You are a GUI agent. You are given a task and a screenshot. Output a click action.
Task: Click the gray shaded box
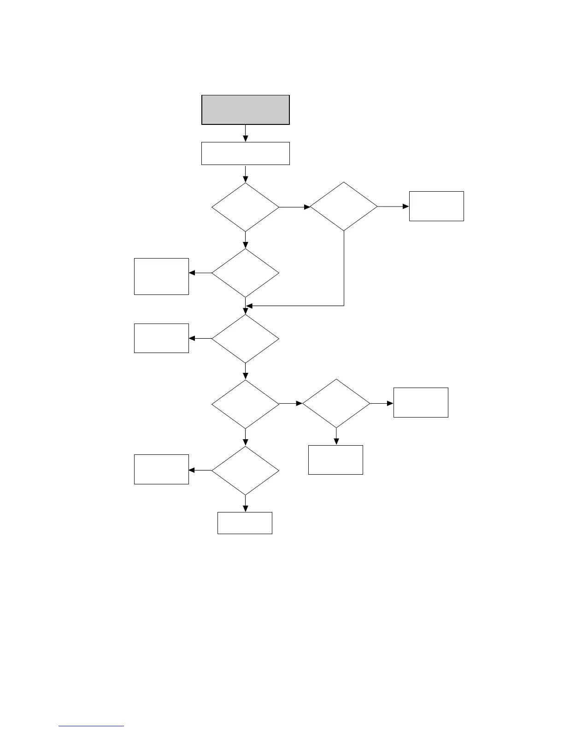[x=246, y=110]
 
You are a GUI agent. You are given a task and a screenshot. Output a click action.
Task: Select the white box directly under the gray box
[x=246, y=153]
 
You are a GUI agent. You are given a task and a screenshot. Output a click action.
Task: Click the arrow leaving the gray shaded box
[x=246, y=133]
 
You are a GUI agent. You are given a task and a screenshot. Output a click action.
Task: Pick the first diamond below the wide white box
[x=246, y=207]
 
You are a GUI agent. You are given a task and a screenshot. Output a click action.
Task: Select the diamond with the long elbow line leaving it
[x=344, y=206]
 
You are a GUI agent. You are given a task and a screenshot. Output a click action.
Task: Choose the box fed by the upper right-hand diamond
[x=436, y=206]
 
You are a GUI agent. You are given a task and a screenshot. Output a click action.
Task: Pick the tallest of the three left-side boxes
[x=161, y=277]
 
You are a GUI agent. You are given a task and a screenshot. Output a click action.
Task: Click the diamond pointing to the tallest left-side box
[x=246, y=273]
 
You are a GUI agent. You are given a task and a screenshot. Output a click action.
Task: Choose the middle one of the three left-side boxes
[x=161, y=338]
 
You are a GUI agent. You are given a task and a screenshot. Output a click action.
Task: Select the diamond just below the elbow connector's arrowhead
[x=246, y=339]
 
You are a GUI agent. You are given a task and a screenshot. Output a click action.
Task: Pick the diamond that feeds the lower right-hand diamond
[x=246, y=404]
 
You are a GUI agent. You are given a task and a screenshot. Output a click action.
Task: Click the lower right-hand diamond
[x=336, y=404]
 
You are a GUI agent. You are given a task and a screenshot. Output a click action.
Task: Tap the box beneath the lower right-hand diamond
[x=335, y=460]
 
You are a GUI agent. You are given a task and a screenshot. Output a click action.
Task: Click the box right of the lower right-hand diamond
[x=421, y=403]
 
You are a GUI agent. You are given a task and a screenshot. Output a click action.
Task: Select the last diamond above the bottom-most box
[x=246, y=471]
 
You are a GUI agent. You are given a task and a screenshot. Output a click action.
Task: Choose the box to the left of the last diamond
[x=161, y=469]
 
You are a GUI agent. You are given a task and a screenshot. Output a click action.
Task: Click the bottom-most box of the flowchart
[x=245, y=523]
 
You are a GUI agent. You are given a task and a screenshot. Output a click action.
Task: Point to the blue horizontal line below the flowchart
[x=91, y=726]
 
